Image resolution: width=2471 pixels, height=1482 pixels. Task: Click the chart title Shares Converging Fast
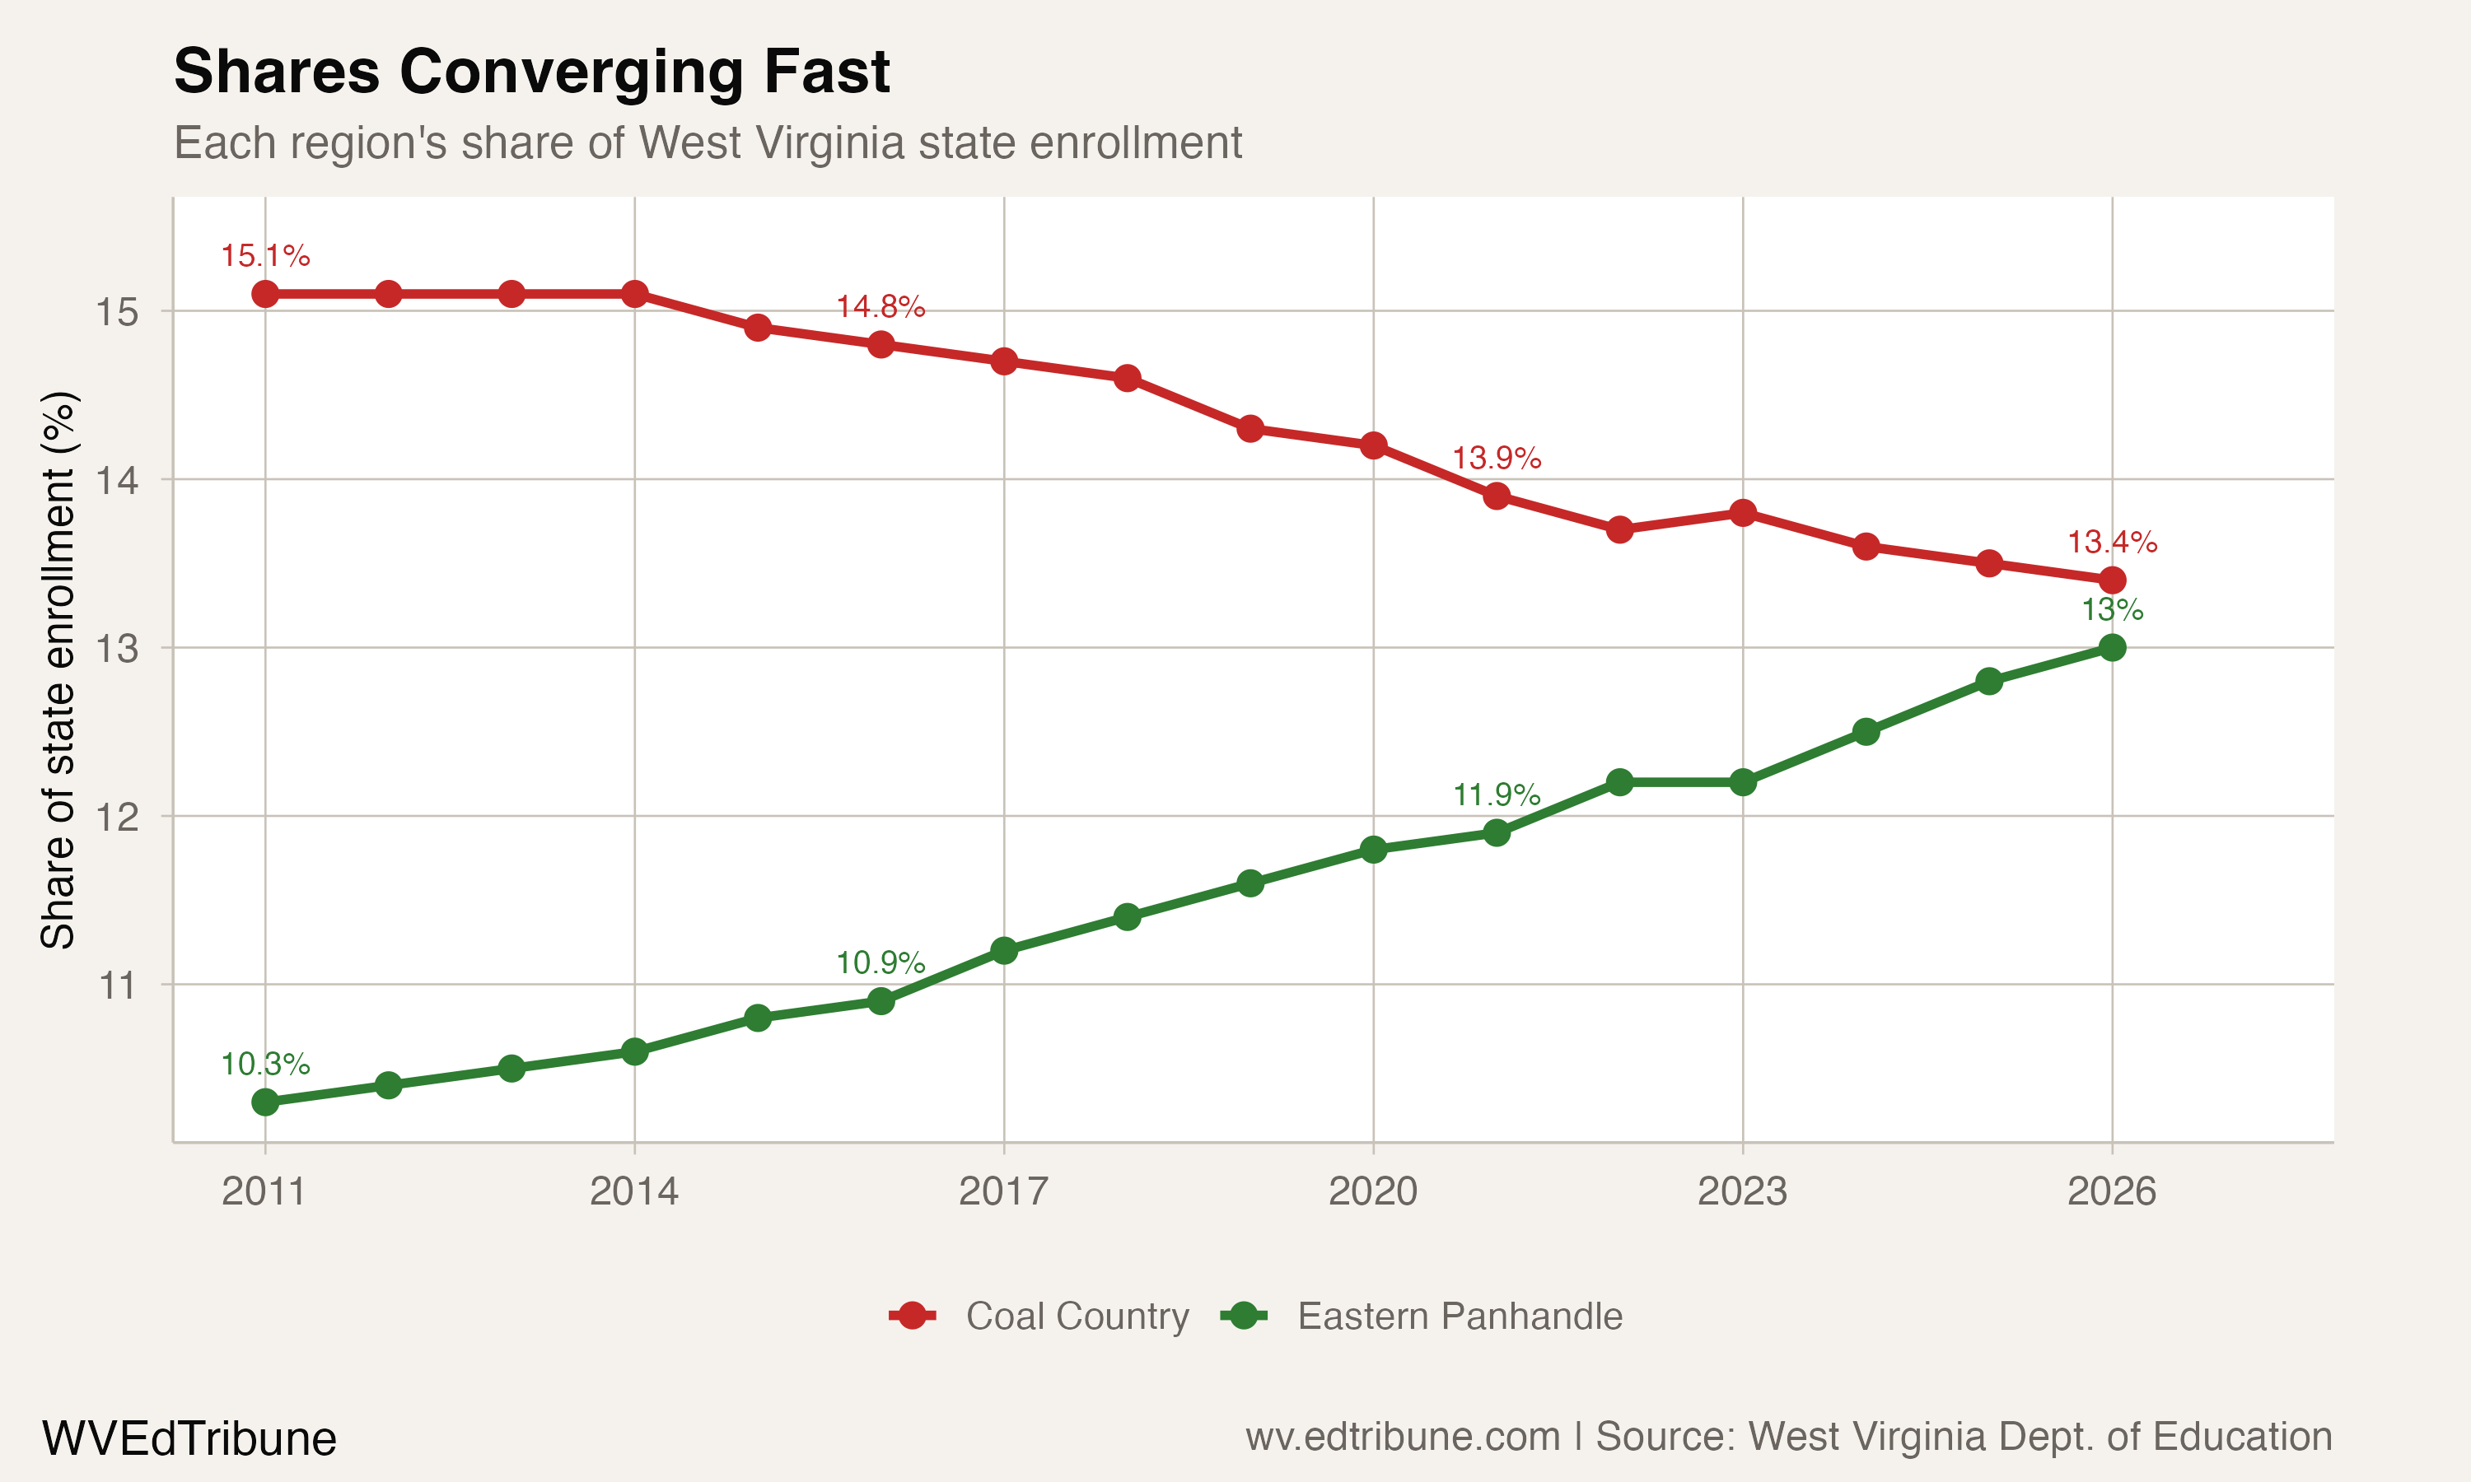pyautogui.click(x=531, y=72)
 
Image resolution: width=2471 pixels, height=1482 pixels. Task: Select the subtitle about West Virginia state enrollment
pyautogui.click(x=708, y=142)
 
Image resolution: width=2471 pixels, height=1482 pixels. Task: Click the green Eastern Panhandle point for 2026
pyautogui.click(x=2111, y=648)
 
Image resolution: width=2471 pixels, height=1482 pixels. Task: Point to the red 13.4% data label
pyautogui.click(x=2111, y=543)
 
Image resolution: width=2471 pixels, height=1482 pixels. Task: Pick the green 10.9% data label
pyautogui.click(x=880, y=962)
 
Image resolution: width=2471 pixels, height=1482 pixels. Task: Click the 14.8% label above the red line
pyautogui.click(x=880, y=306)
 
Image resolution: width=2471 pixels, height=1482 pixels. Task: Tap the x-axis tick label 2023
pyautogui.click(x=1742, y=1191)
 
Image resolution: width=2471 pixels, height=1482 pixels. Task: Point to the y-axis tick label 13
pyautogui.click(x=117, y=649)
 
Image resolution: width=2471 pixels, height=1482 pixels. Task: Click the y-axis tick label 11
pyautogui.click(x=117, y=986)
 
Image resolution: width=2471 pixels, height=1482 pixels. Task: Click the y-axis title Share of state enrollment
pyautogui.click(x=58, y=669)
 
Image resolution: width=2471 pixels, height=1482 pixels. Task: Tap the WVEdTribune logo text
pyautogui.click(x=189, y=1439)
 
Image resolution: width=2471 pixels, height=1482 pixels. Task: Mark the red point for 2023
pyautogui.click(x=1743, y=513)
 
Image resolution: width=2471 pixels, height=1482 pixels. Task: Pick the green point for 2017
pyautogui.click(x=1004, y=951)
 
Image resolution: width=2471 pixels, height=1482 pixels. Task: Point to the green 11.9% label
pyautogui.click(x=1496, y=795)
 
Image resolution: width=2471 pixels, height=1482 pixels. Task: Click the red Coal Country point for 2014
pyautogui.click(x=634, y=294)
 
